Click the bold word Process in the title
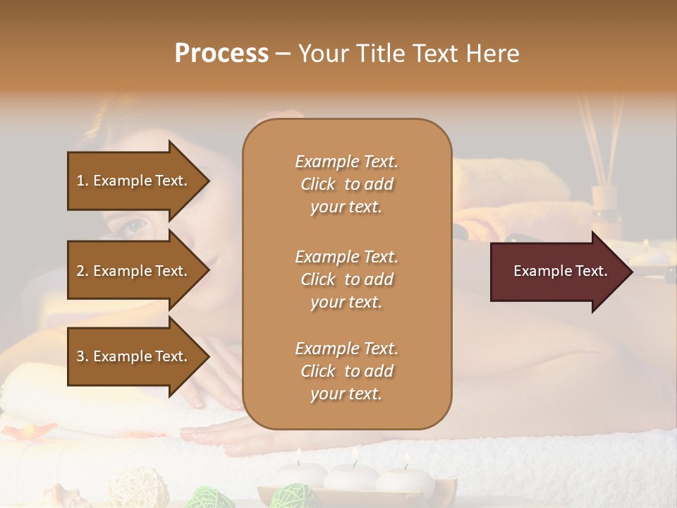point(221,54)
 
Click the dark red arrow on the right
point(561,271)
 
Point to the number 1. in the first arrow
point(83,181)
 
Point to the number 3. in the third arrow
point(83,356)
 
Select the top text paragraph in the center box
point(347,184)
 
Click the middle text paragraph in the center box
point(347,279)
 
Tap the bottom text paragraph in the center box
point(347,371)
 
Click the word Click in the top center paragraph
point(318,184)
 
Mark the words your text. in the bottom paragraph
point(346,394)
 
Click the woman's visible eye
point(135,226)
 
